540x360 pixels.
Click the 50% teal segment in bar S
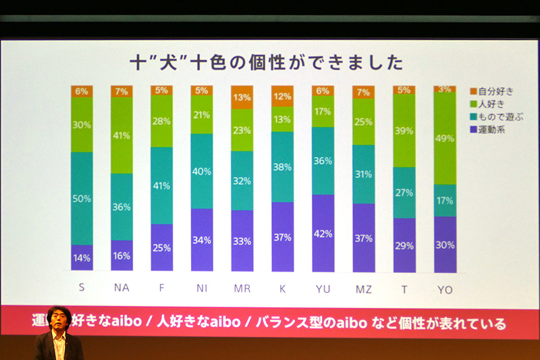click(x=82, y=198)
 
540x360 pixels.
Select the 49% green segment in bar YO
click(x=444, y=138)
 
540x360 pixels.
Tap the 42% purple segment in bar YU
click(x=323, y=233)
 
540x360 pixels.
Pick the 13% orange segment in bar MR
click(x=242, y=97)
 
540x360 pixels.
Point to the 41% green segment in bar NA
click(x=122, y=135)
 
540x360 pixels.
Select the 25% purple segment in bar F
click(x=162, y=247)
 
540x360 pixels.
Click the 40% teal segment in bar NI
click(x=202, y=171)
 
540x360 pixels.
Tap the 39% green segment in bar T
click(x=404, y=130)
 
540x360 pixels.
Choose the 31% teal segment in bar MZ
click(x=363, y=174)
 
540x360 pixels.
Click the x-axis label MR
click(x=242, y=288)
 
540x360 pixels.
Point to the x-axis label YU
click(x=323, y=288)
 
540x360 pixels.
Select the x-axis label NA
click(x=122, y=288)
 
